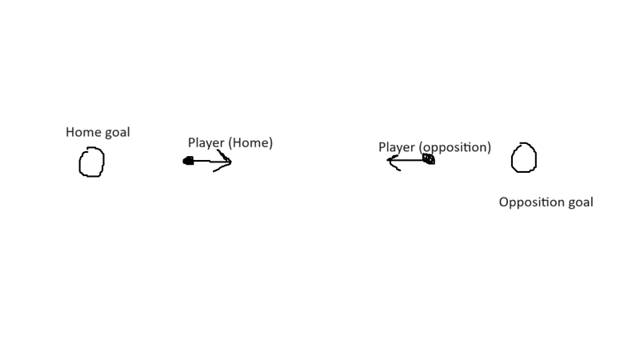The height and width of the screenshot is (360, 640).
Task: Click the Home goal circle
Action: pyautogui.click(x=79, y=162)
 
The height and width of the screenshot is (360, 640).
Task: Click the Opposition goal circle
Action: pyautogui.click(x=512, y=158)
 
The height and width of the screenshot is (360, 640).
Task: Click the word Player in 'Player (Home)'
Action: pyautogui.click(x=206, y=143)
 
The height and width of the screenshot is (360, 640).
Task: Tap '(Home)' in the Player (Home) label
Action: pyautogui.click(x=250, y=143)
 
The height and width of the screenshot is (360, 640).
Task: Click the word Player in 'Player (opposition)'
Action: pyautogui.click(x=397, y=148)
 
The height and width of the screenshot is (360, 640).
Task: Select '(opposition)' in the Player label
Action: pyautogui.click(x=454, y=147)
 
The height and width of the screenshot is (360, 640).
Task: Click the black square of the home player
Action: pyautogui.click(x=188, y=161)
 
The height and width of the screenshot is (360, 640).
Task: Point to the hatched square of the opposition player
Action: pyautogui.click(x=429, y=158)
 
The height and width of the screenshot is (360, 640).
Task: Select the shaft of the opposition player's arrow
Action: pyautogui.click(x=406, y=160)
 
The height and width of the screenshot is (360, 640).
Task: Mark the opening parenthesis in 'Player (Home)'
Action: pyautogui.click(x=230, y=143)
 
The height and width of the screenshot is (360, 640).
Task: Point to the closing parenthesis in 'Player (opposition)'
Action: pyautogui.click(x=490, y=148)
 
